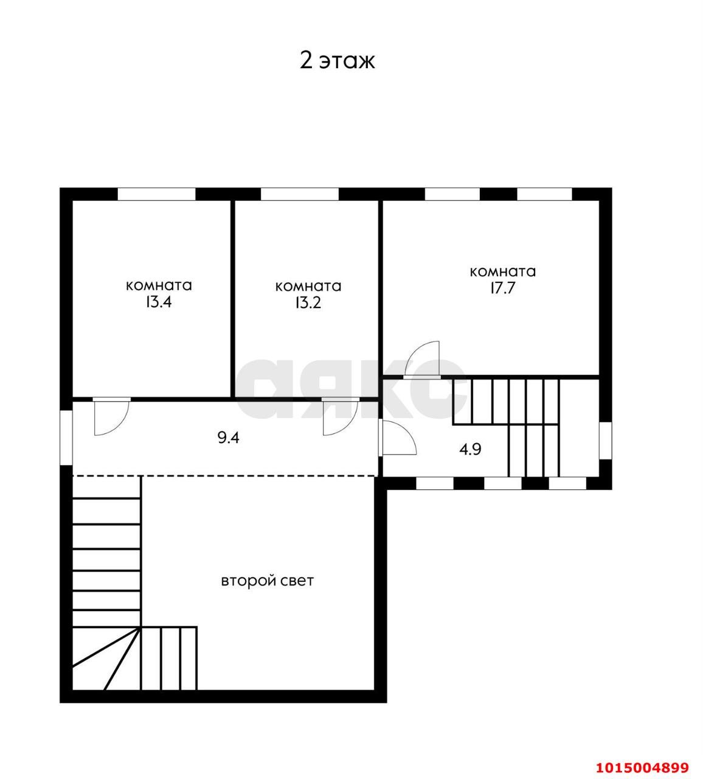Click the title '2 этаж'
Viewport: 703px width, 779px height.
(337, 61)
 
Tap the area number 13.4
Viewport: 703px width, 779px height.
(159, 302)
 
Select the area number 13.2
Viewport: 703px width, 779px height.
(308, 303)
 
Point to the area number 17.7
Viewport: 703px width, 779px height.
(503, 288)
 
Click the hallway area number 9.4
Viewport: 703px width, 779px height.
(228, 438)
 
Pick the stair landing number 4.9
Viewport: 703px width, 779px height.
(470, 450)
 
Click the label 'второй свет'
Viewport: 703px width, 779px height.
(268, 581)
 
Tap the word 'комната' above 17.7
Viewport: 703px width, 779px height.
(503, 271)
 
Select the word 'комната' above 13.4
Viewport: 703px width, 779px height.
(159, 285)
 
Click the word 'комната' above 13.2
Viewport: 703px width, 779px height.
(308, 286)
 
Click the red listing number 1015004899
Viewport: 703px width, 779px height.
(642, 767)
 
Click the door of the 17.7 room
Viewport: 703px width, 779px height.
(421, 359)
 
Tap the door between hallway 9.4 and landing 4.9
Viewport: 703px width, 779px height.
(398, 437)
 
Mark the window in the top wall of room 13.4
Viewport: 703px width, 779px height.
(156, 194)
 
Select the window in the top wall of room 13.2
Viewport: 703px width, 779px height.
(300, 194)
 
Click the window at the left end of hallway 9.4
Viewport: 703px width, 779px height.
(66, 437)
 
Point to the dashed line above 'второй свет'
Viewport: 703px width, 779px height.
(226, 476)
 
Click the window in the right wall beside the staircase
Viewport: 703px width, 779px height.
(606, 441)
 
